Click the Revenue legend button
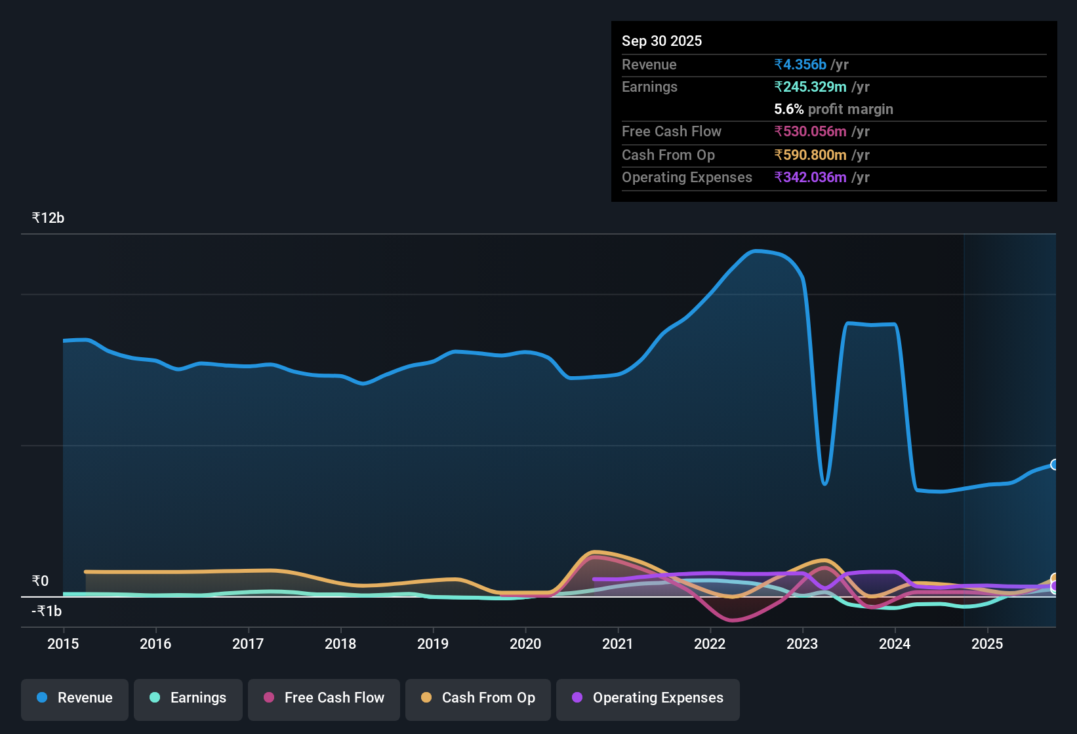click(x=75, y=698)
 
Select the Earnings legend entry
click(x=188, y=698)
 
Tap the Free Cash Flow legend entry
click(x=324, y=698)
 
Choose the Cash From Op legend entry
click(x=478, y=698)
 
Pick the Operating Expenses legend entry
click(x=648, y=698)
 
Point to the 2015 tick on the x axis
click(x=63, y=644)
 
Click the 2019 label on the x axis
click(x=433, y=644)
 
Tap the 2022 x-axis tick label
click(x=710, y=644)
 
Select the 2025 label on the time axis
click(x=987, y=644)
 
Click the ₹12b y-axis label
click(x=48, y=218)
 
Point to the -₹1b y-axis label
click(x=47, y=611)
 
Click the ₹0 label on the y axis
click(x=40, y=581)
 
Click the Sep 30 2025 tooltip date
click(x=662, y=41)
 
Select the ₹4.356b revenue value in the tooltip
click(x=800, y=65)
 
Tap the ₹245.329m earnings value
click(x=810, y=87)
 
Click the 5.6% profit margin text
click(x=834, y=109)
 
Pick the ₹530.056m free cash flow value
click(x=810, y=132)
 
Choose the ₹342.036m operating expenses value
click(x=810, y=178)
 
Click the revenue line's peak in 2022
click(x=756, y=251)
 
